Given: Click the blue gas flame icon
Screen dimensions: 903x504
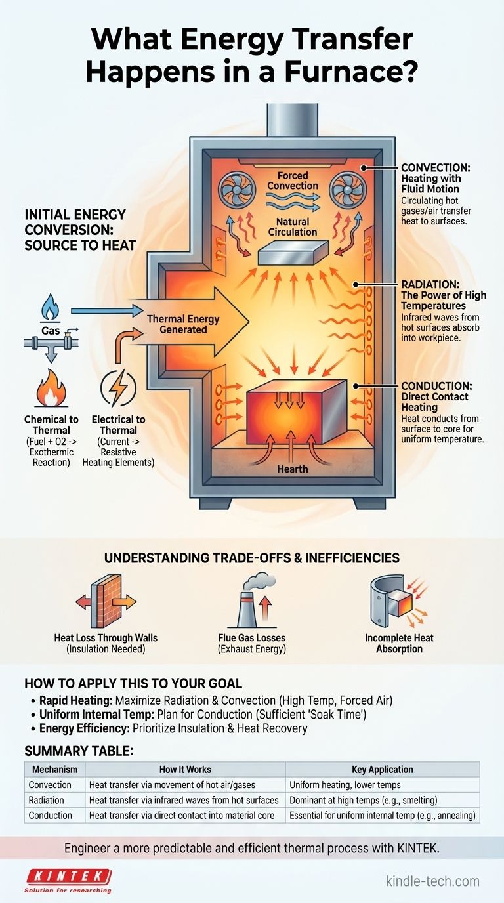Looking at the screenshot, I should click(x=50, y=306).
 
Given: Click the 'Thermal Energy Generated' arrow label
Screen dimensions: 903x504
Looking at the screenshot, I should click(x=183, y=324).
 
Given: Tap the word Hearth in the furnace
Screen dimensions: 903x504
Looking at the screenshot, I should click(x=291, y=469).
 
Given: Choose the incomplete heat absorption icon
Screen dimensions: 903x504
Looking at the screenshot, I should click(x=394, y=601).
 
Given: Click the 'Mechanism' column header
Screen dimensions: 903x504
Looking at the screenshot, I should click(x=54, y=769).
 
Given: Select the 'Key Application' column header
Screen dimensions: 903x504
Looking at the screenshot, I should click(x=382, y=769).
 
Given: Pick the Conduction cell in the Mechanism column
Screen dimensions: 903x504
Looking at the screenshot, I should click(x=51, y=816).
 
